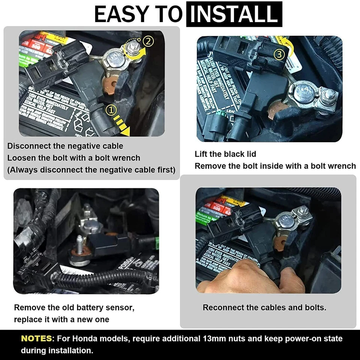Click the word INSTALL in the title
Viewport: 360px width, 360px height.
[x=234, y=14]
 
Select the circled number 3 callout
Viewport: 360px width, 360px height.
[x=279, y=55]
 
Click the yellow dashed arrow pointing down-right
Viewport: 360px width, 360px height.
[x=122, y=125]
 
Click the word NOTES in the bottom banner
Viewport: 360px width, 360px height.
[x=37, y=339]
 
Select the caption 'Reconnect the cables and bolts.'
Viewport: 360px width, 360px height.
[x=264, y=307]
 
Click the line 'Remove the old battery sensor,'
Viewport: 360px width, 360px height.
[x=74, y=308]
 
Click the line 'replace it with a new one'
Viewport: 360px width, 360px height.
[x=61, y=320]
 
